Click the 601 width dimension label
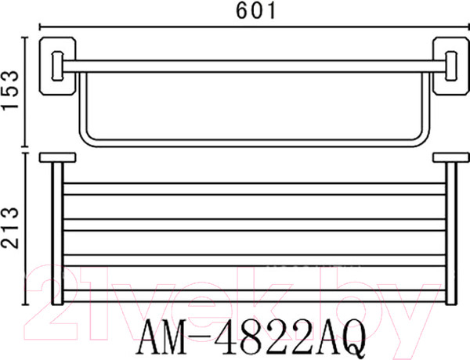coord(255,11)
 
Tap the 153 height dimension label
coord(10,91)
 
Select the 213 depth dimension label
coord(10,228)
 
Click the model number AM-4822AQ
coord(251,337)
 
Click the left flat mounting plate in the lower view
coord(57,157)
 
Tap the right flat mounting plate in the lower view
coord(451,157)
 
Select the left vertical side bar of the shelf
coord(57,234)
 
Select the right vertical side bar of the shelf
coord(451,234)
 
